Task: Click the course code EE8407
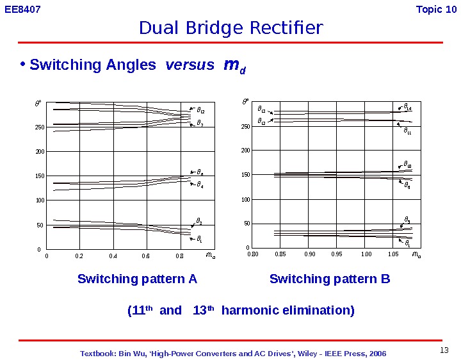click(x=22, y=9)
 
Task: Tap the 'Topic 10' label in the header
click(x=436, y=9)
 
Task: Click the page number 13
click(x=445, y=350)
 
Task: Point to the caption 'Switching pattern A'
click(x=137, y=279)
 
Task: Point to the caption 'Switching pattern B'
click(x=330, y=279)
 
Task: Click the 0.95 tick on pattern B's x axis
click(x=337, y=255)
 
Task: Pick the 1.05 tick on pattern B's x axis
click(x=393, y=255)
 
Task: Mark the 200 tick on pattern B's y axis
click(x=245, y=151)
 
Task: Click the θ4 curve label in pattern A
click(x=200, y=186)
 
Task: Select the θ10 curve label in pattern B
click(x=408, y=165)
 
